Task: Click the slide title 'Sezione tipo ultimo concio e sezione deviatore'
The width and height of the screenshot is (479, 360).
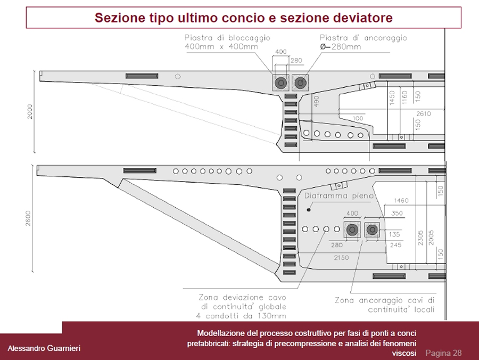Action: tap(243, 18)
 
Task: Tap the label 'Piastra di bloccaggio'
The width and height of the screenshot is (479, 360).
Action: tap(227, 38)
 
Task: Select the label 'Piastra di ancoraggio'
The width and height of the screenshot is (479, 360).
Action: tap(363, 38)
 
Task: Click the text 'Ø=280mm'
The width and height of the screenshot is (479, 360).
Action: tap(340, 47)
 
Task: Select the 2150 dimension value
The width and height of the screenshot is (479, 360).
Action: tap(341, 258)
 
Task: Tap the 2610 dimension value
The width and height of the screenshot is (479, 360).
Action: tap(423, 114)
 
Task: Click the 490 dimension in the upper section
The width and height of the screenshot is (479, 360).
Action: tap(317, 102)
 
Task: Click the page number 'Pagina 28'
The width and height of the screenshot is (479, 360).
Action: tap(443, 353)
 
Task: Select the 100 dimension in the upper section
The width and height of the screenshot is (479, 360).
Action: tap(358, 118)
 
